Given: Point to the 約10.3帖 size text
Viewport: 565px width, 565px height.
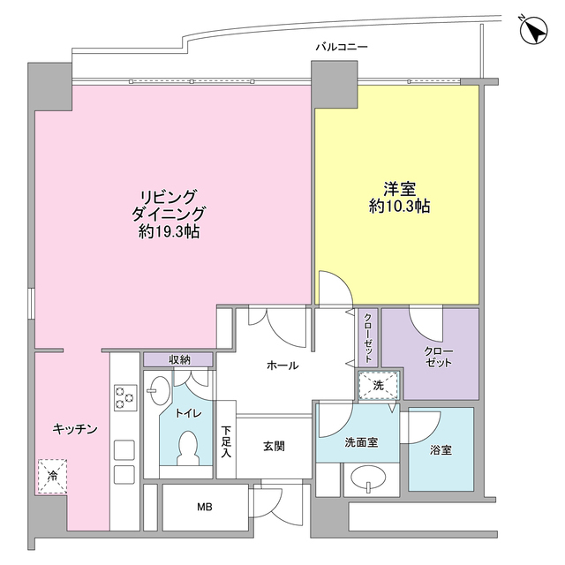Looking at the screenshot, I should click(x=400, y=207).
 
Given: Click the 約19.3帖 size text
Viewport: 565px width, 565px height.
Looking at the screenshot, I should click(x=169, y=232).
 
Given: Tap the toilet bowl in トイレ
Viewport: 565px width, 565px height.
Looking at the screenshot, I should click(x=187, y=447).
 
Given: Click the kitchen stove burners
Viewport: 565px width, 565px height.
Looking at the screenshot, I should click(x=124, y=399).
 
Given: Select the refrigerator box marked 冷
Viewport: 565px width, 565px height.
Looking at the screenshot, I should click(x=51, y=477).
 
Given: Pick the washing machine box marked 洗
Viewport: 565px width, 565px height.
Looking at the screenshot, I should click(x=379, y=385).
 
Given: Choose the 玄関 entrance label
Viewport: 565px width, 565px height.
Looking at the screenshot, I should click(x=274, y=447).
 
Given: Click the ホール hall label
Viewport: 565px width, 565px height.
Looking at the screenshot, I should click(x=282, y=365).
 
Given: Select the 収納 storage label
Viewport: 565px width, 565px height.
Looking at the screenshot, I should click(x=179, y=359).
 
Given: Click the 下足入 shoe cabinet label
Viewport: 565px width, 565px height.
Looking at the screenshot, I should click(x=226, y=441).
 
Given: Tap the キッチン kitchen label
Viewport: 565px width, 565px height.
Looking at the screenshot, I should click(x=73, y=428).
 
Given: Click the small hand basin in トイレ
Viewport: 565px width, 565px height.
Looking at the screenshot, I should click(x=160, y=389).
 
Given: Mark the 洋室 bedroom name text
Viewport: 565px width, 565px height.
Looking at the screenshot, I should click(x=400, y=188).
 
